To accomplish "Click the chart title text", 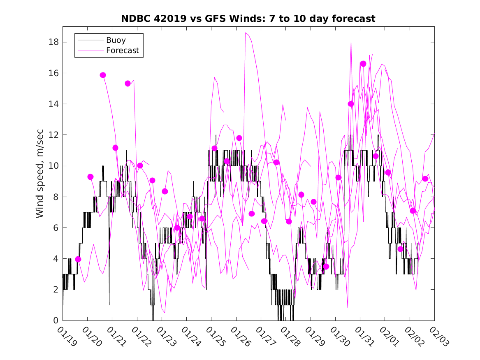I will point(248,19).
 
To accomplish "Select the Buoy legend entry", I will point(116,40).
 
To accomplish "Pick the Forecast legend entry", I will point(122,51).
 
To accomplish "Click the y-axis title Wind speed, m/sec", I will point(39,173).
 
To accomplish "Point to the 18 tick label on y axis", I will point(52,42).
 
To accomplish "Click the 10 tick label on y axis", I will point(52,166).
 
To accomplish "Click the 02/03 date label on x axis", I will point(438,337).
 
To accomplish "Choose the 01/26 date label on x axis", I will point(239,337).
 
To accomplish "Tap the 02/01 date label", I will point(388,337).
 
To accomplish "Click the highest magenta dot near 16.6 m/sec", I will point(363,63).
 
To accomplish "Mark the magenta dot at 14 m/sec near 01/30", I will point(351,104).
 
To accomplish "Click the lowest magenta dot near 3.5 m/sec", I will point(326,266).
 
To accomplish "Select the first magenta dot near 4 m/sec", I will point(78,259).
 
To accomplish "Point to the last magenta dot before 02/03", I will point(425,179).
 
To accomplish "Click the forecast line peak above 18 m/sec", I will point(246,33).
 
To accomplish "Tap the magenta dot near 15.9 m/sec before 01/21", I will point(103,75).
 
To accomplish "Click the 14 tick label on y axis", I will point(52,104).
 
